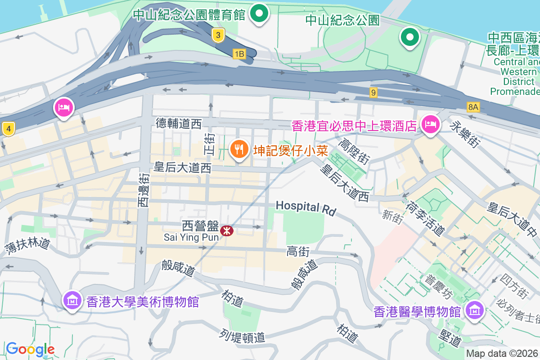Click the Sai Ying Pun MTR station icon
point(227,230)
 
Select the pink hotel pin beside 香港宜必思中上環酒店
point(430,124)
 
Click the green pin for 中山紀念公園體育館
point(259,13)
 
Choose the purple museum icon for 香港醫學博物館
point(474,310)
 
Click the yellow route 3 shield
point(218,35)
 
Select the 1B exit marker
point(239,54)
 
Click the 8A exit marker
point(473,107)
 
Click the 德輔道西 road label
point(179,123)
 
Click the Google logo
point(30,349)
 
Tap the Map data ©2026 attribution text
point(502,354)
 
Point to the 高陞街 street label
point(354,151)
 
